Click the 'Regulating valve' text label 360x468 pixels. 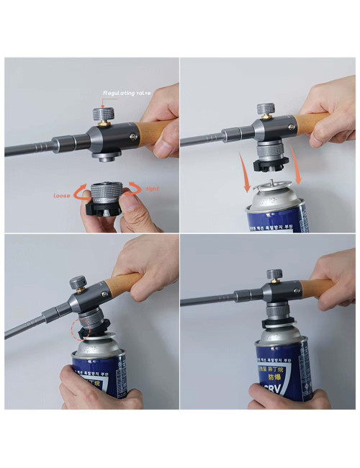(x=128, y=93)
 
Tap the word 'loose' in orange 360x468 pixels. (x=63, y=195)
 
